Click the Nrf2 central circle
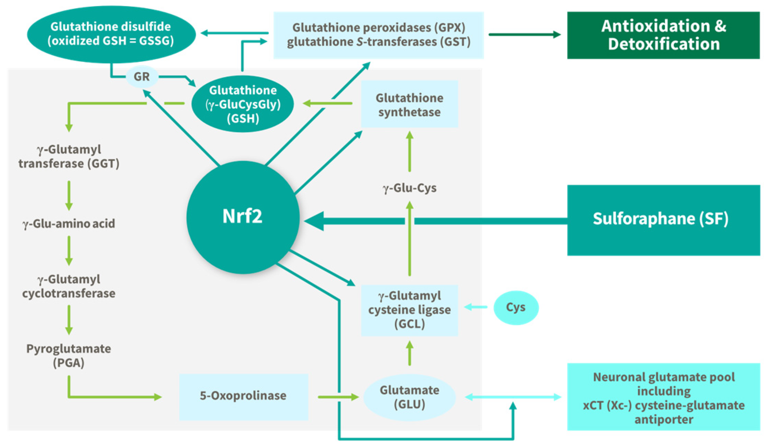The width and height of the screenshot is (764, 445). point(243,217)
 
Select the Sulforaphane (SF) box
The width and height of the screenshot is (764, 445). point(663,220)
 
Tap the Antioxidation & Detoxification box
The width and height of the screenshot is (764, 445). point(663,35)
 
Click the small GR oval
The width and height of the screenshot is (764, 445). point(142,77)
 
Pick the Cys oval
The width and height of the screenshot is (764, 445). point(516,307)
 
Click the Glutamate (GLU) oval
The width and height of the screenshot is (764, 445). point(409,397)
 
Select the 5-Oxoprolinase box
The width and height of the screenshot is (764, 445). point(243,396)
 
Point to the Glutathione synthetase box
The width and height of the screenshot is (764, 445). point(409,104)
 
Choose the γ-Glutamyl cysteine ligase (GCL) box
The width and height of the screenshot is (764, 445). point(409,310)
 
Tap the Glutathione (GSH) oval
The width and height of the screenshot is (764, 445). point(243,104)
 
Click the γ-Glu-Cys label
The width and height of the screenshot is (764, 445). point(409,188)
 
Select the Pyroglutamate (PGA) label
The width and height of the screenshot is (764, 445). point(69,355)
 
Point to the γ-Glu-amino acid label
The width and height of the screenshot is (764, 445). point(69,224)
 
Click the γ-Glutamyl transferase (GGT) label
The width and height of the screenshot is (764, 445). point(69,157)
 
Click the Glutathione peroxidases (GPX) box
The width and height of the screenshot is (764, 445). point(378,35)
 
